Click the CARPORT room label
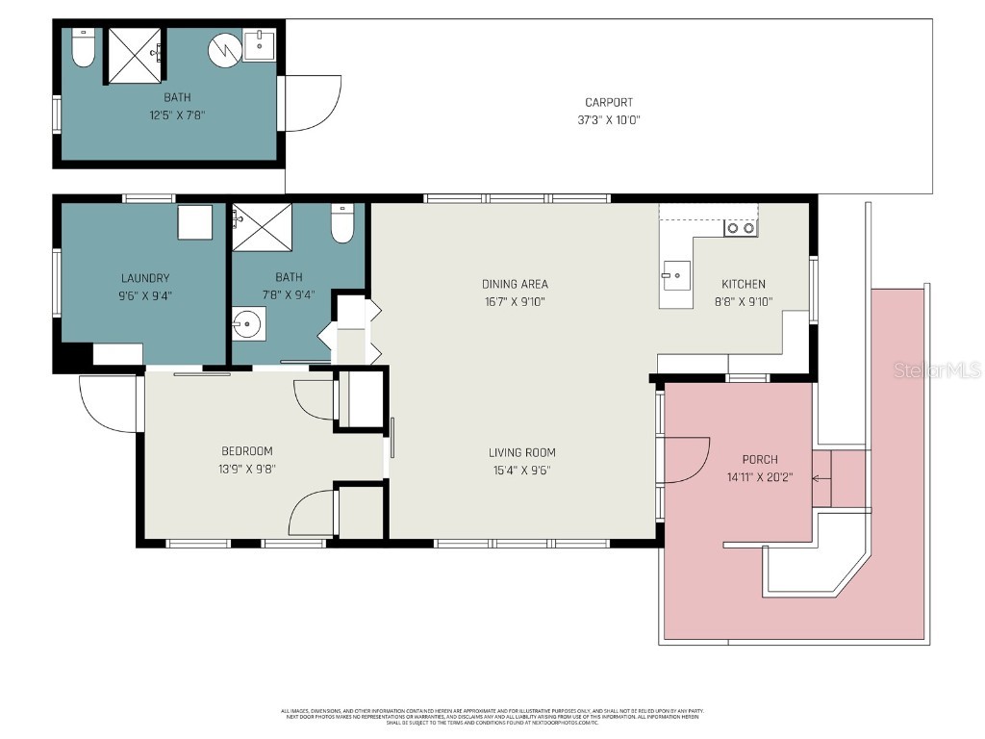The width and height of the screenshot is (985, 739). click(x=609, y=103)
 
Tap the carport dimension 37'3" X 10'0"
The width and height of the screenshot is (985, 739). click(x=609, y=120)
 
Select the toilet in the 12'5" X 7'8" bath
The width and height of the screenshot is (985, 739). click(x=84, y=48)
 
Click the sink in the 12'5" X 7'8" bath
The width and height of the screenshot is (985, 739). click(x=259, y=45)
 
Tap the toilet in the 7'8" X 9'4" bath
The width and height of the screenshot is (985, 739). click(x=342, y=225)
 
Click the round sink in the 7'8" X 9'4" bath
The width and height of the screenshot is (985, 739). click(x=249, y=325)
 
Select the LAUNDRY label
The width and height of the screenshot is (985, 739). click(x=145, y=278)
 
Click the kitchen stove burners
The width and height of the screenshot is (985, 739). click(x=740, y=228)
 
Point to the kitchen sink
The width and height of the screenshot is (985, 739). click(x=675, y=275)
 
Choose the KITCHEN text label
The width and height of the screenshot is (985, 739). click(x=744, y=284)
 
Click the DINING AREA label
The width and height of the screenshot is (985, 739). click(x=515, y=284)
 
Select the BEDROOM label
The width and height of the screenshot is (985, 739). click(x=247, y=451)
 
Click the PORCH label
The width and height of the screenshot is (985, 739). click(x=759, y=459)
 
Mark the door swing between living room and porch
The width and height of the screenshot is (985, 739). click(x=685, y=460)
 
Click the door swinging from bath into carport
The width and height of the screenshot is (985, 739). click(x=312, y=104)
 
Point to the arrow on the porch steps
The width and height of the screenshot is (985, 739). click(x=820, y=477)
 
